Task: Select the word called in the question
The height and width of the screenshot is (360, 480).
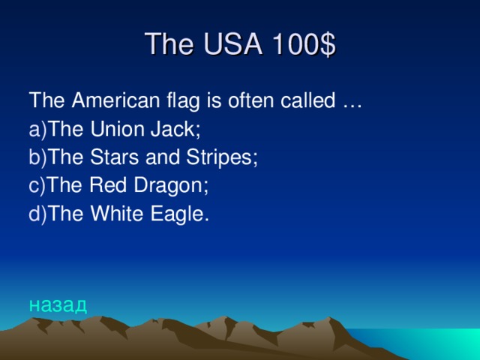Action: coord(304,100)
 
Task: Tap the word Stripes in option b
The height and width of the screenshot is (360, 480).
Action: coord(223,157)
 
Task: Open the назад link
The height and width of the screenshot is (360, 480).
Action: coord(58,304)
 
